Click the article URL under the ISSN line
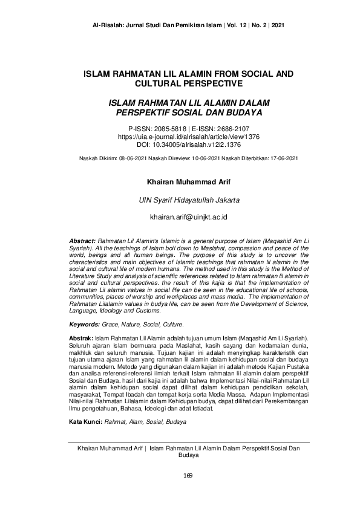click(180, 137)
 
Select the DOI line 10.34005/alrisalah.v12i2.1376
click(180, 145)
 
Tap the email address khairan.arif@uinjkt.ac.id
click(180, 216)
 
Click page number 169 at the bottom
click(180, 475)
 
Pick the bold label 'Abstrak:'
click(81, 337)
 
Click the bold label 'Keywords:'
click(84, 325)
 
